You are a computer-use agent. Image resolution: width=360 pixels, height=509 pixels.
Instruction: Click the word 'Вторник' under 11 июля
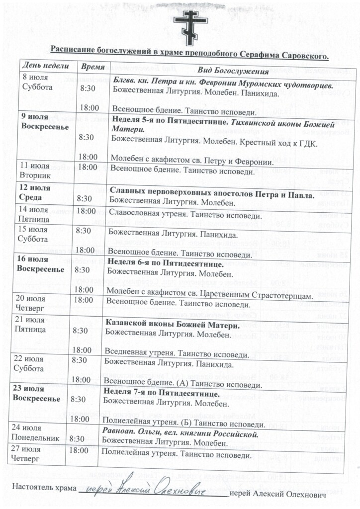(35, 176)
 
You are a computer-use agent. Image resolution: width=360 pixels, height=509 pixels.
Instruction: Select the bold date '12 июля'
(35, 188)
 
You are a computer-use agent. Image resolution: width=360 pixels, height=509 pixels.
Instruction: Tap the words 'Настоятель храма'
(44, 487)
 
